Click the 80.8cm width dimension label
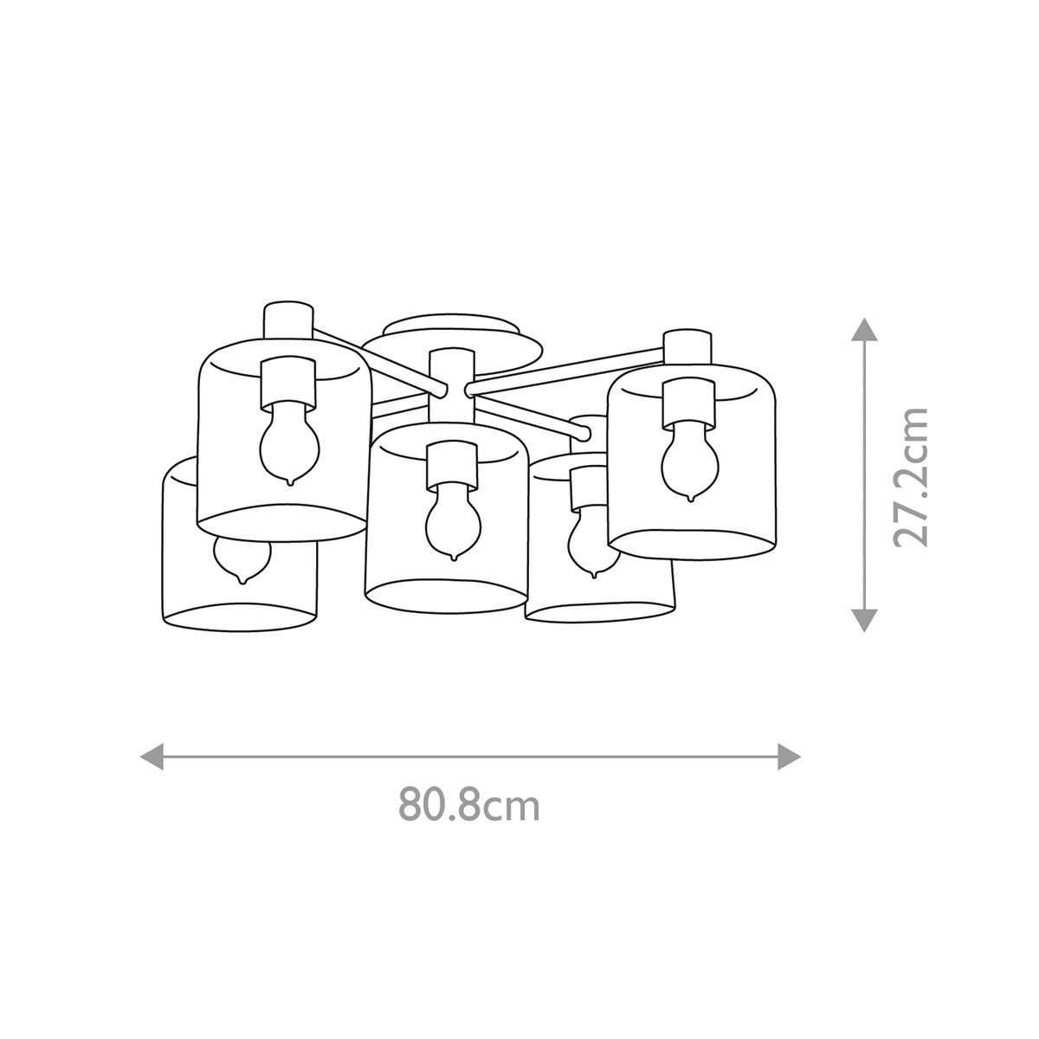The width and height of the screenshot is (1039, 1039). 469,804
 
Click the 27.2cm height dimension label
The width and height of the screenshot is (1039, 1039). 911,475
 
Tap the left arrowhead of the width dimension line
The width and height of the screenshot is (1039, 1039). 152,755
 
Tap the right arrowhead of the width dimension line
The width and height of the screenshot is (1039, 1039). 789,755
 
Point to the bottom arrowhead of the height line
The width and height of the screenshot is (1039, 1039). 862,620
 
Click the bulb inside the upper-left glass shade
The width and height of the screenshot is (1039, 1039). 290,443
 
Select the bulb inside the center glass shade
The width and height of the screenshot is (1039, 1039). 452,519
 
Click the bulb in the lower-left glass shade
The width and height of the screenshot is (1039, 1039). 242,558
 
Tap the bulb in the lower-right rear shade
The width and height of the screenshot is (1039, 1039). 591,541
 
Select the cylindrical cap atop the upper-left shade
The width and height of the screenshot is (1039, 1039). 288,322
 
